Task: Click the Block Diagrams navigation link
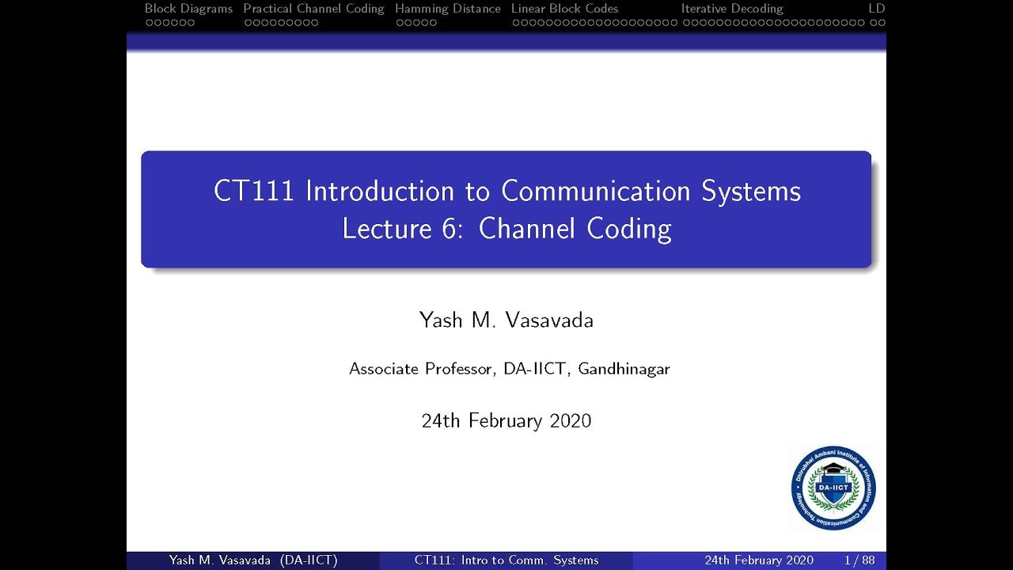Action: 188,9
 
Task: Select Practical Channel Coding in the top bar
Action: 313,9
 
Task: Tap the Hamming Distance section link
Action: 448,9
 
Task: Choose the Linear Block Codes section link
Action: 565,9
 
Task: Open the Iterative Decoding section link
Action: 732,9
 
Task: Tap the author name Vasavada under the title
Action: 549,321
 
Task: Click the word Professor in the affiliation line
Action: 458,369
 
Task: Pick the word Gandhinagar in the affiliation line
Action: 624,369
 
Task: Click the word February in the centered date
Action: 506,420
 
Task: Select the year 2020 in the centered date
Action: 570,420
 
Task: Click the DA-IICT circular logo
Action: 833,488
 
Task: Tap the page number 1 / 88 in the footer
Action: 859,560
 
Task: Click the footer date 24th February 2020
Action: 759,560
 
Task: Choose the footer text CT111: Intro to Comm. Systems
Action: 506,560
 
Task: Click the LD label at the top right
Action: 876,9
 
